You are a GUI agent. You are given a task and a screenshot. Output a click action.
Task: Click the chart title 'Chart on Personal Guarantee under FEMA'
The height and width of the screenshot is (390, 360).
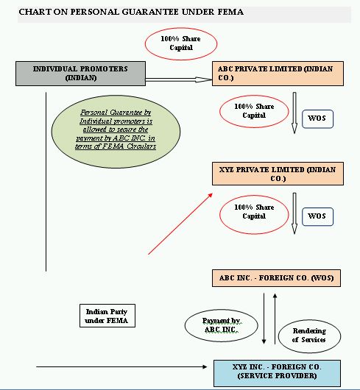pos(131,12)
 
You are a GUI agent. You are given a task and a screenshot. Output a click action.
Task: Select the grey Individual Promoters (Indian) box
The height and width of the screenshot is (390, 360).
pos(80,74)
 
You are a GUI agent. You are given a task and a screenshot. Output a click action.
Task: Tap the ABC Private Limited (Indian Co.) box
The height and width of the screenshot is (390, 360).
pos(278,74)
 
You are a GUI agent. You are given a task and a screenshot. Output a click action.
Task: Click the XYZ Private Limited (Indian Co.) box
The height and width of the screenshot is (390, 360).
pos(278,174)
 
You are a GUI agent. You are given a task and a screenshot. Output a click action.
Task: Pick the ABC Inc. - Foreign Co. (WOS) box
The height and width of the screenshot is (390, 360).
pos(276,278)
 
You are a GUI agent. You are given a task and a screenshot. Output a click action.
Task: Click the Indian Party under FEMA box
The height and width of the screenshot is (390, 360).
pos(107,316)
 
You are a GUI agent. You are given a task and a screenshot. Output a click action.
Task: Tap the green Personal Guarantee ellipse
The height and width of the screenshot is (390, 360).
pos(116,131)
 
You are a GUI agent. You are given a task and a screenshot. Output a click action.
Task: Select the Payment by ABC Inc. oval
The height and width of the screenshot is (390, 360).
pos(221,325)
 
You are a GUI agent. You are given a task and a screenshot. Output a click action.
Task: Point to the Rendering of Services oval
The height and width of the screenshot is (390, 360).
pos(309,336)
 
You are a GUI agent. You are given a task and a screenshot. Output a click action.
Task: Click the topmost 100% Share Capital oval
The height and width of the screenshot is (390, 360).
pos(181,43)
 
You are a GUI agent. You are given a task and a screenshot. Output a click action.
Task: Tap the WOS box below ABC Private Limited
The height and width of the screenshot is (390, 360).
pos(317,119)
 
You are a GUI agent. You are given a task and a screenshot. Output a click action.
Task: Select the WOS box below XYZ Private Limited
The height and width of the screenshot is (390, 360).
pos(317,216)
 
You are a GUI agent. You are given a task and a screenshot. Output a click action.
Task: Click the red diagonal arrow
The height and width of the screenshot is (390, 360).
pos(180,224)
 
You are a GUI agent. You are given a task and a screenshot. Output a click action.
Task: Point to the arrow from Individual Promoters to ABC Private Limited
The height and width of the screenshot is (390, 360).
pos(179,79)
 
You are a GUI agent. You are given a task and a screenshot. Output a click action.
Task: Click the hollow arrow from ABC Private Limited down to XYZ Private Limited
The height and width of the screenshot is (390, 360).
pos(294,113)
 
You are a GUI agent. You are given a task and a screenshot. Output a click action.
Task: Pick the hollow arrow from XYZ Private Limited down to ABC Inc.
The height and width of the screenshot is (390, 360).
pos(294,213)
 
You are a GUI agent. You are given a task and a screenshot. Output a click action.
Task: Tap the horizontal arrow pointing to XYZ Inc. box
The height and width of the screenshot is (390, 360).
pos(121,366)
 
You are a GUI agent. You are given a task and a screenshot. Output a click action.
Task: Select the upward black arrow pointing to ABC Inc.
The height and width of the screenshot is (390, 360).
pos(275,319)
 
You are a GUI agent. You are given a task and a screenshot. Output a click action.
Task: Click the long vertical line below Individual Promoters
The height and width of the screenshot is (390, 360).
pos(46,182)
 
